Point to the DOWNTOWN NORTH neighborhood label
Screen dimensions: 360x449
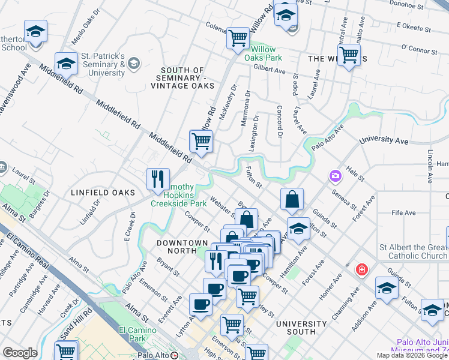182,242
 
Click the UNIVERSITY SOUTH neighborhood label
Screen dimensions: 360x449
301,324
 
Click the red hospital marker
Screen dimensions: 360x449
361,269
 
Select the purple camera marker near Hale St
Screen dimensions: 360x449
334,176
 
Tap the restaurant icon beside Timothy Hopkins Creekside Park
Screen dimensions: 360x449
158,179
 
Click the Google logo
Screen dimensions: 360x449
20,353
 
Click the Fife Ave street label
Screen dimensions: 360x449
403,212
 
